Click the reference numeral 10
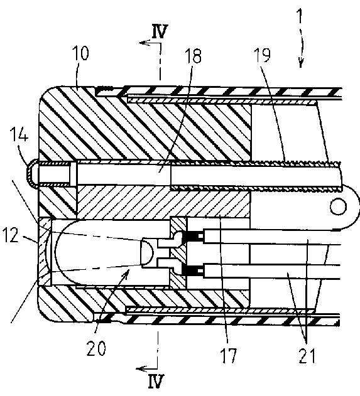pos(80,53)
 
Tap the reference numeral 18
pos(193,56)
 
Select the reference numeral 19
pos(262,55)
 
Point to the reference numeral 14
pos(19,134)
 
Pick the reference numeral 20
pos(96,348)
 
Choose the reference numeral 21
pos(307,355)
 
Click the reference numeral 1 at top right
pos(300,16)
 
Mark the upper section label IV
pos(160,31)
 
